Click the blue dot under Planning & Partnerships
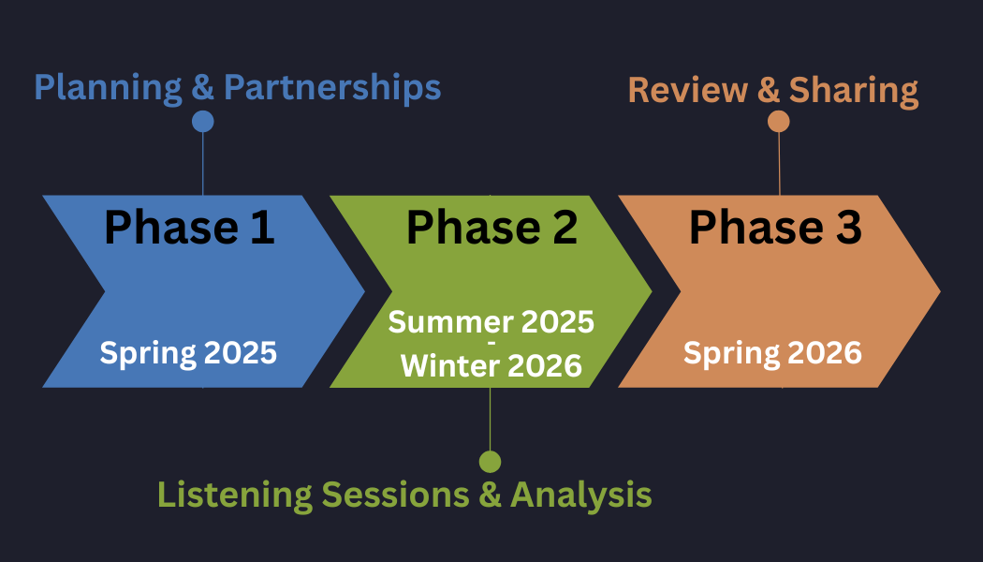point(202,121)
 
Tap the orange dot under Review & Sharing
point(778,121)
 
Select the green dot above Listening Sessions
point(490,461)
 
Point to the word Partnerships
point(332,88)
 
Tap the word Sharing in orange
point(853,91)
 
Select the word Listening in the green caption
point(234,495)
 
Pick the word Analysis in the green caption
point(580,495)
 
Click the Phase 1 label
point(189,228)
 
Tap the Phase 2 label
point(491,228)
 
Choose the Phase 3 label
point(775,228)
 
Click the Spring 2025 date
point(188,353)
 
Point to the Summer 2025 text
point(491,321)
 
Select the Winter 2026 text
point(491,365)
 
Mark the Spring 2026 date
point(772,353)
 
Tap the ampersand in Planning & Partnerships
point(203,88)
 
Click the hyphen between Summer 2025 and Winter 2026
point(491,344)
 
